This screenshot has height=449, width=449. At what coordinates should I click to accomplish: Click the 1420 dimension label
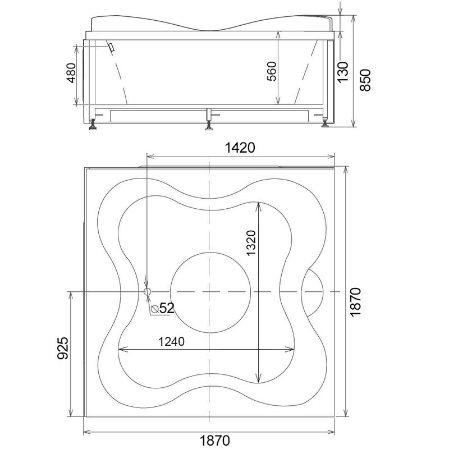click(x=240, y=148)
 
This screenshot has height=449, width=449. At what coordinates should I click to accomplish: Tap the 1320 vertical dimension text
click(x=250, y=243)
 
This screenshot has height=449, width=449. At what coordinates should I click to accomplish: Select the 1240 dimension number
click(x=172, y=341)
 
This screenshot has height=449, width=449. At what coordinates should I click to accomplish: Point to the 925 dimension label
click(x=63, y=348)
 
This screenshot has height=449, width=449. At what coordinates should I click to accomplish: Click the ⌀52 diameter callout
click(x=163, y=308)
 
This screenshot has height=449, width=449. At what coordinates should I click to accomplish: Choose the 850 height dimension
click(x=365, y=80)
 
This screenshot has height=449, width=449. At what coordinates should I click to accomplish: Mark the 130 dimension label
click(x=343, y=72)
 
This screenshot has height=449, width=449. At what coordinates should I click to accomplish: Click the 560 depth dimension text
click(x=272, y=71)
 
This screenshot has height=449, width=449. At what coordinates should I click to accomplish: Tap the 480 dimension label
click(x=71, y=73)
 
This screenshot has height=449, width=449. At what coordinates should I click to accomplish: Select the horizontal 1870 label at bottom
click(x=215, y=440)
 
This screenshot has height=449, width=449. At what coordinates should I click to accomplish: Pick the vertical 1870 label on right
click(x=355, y=302)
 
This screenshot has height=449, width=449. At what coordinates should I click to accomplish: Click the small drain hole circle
click(x=147, y=291)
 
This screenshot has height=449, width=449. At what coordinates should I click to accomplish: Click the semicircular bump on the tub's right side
click(x=323, y=292)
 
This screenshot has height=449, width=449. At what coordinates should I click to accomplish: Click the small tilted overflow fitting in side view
click(x=111, y=47)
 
